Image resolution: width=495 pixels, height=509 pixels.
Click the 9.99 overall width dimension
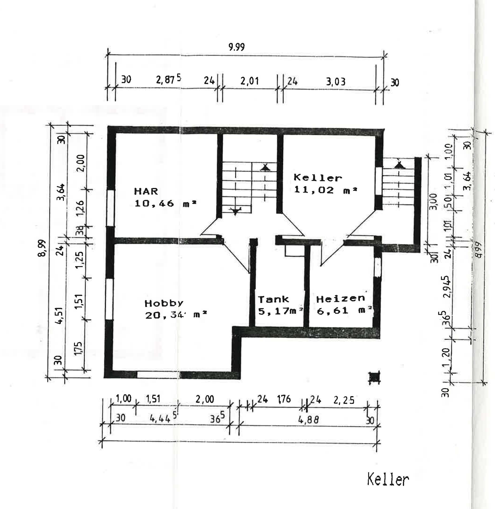(236, 47)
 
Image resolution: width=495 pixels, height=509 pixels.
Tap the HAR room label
(146, 191)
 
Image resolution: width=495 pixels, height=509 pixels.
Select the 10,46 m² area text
(165, 203)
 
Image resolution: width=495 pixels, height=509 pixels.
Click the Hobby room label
(164, 303)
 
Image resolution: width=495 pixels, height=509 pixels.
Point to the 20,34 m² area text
(176, 315)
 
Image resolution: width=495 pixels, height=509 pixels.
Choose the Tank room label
(273, 299)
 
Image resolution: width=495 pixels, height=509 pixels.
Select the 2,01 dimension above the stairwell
(249, 81)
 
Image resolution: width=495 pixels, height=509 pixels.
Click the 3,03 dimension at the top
(336, 82)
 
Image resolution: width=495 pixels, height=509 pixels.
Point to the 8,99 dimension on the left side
(42, 248)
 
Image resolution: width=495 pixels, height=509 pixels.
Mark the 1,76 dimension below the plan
(284, 399)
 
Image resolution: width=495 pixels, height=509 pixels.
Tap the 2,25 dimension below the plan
(344, 400)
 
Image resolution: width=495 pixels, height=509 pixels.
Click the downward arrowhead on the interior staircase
(235, 212)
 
